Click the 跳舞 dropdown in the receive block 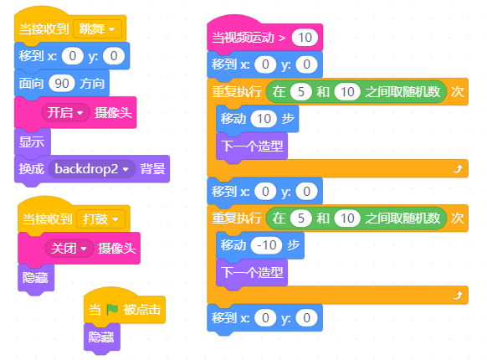coord(97,29)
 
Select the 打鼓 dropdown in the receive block coord(101,219)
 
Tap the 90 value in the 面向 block coord(61,84)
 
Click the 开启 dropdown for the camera coord(65,112)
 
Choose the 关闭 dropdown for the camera coord(69,249)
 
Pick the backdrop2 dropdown coord(91,169)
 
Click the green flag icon coord(112,309)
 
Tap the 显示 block coord(33,142)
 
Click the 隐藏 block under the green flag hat coord(102,337)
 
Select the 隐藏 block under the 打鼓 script coord(36,277)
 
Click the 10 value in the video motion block coord(305,38)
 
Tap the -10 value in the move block coord(266,245)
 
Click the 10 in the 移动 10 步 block coord(264,119)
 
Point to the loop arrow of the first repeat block coord(458,169)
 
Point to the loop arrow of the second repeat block coord(458,296)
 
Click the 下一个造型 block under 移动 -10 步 coord(252,273)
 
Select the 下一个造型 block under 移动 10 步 coord(252,146)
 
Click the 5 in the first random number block coord(301,92)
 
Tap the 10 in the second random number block coord(347,219)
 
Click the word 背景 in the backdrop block coord(152,169)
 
